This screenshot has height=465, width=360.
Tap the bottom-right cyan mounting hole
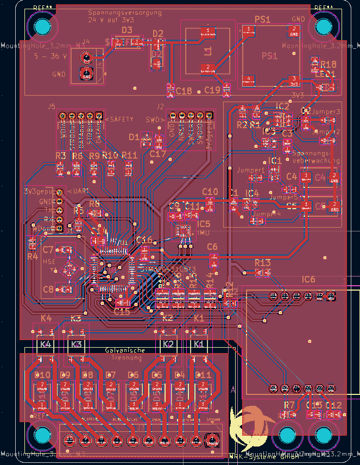[x=323, y=436]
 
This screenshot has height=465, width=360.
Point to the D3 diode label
[x=127, y=30]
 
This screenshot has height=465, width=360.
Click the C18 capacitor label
[x=184, y=91]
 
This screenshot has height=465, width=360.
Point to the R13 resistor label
[x=262, y=263]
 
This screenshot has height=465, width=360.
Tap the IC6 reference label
[x=308, y=279]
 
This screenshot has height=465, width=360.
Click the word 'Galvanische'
[x=125, y=351]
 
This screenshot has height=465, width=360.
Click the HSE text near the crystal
[x=49, y=261]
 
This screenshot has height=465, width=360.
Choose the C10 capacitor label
[x=210, y=192]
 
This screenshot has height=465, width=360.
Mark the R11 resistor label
[x=130, y=155]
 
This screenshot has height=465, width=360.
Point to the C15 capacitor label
[x=122, y=312]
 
